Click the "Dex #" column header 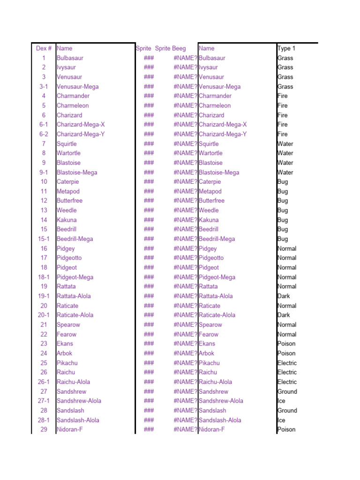[44, 48]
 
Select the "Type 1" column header [286, 48]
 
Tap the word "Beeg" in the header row [179, 48]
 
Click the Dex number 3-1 [44, 86]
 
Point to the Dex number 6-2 [44, 134]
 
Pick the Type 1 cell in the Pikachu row [287, 363]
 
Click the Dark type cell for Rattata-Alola [284, 296]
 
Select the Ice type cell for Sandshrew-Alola [281, 401]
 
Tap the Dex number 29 [44, 429]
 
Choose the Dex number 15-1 [44, 239]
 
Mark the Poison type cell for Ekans [286, 344]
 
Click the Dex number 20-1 [44, 315]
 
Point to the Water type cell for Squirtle [285, 143]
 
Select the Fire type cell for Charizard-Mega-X [282, 124]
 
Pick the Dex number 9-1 [44, 172]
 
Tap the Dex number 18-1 [44, 277]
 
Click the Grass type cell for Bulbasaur [285, 58]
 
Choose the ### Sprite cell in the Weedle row [149, 210]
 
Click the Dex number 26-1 [44, 382]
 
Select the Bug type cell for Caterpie [283, 181]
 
